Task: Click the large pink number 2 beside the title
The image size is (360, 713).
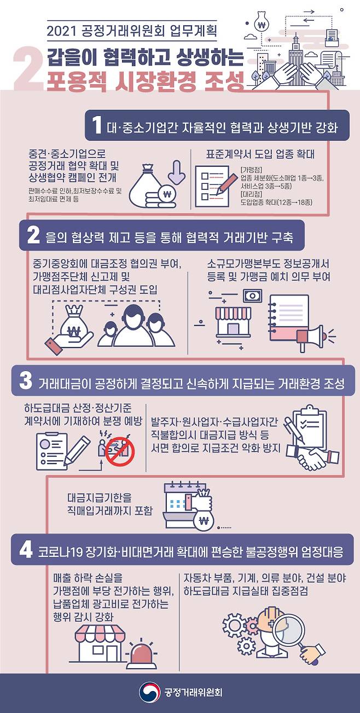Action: [28, 68]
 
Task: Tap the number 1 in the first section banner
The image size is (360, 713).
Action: [97, 125]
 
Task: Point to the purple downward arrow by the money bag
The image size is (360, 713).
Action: [176, 172]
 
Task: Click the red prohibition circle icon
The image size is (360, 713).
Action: [120, 452]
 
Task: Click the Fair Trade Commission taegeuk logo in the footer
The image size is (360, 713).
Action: [149, 692]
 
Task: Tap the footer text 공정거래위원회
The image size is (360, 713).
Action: [194, 693]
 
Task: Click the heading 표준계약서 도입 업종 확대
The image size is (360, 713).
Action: [260, 154]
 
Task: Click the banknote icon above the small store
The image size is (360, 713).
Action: [253, 295]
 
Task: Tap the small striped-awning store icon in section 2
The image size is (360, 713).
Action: [234, 322]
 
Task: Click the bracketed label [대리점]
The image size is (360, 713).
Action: [251, 194]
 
